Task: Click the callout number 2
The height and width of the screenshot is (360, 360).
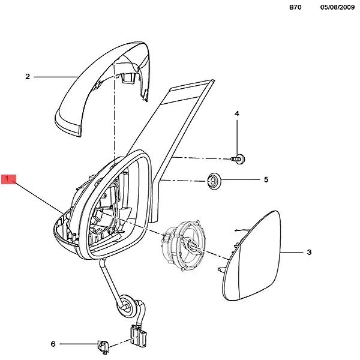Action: click(x=28, y=76)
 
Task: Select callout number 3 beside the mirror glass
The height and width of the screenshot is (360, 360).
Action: click(x=309, y=252)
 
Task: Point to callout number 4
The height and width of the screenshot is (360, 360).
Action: click(x=237, y=113)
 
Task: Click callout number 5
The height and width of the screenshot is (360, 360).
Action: click(x=266, y=179)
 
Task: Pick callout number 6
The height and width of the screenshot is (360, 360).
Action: click(x=53, y=344)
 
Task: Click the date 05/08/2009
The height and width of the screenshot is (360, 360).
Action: click(x=337, y=7)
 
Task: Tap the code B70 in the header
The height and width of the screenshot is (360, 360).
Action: click(x=295, y=7)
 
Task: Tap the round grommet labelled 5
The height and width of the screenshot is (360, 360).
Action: click(x=214, y=181)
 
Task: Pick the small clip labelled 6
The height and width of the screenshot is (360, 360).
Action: click(x=103, y=346)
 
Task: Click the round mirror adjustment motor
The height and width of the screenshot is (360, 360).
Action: click(x=184, y=245)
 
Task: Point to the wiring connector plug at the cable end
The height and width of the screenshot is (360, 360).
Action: click(x=139, y=335)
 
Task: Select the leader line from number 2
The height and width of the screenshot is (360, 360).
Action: click(x=56, y=77)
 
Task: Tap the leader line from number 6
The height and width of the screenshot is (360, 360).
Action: click(x=79, y=344)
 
